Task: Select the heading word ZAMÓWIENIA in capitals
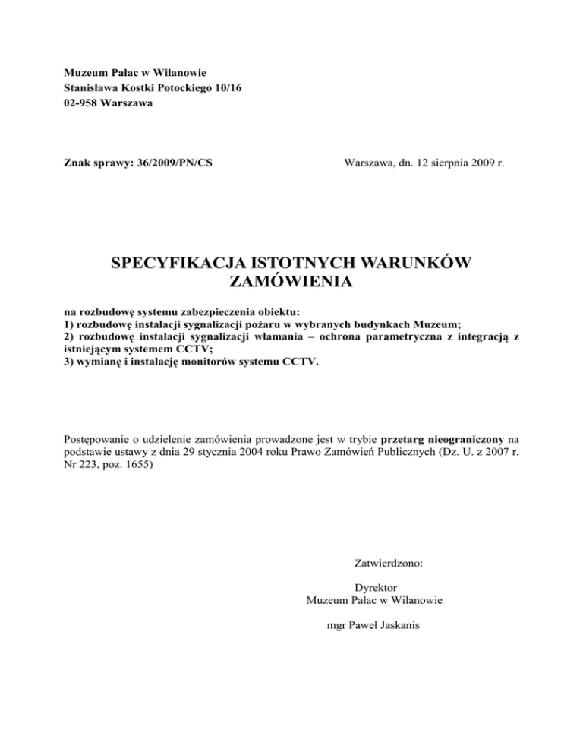tap(291, 283)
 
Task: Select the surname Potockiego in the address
tap(158, 88)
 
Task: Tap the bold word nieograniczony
tap(472, 438)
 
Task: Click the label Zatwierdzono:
tap(389, 564)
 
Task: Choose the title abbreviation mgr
tap(334, 627)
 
